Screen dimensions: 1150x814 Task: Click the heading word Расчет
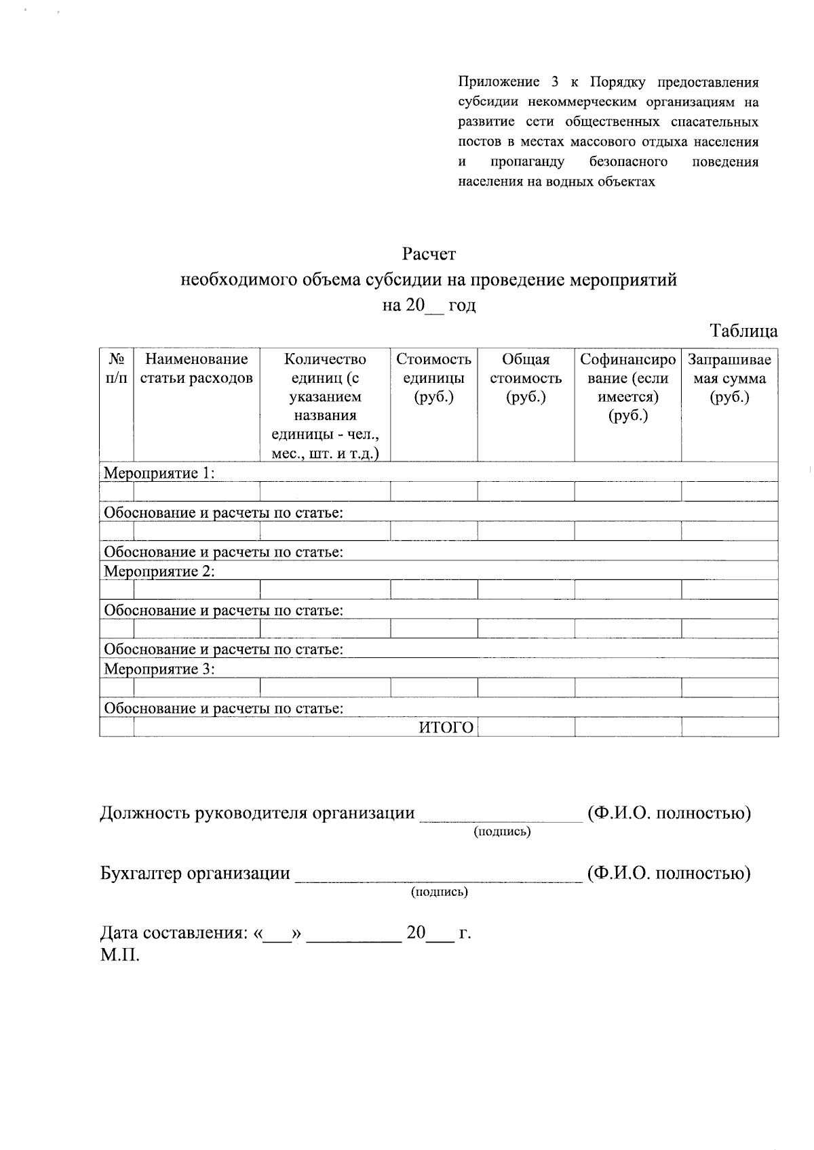click(429, 254)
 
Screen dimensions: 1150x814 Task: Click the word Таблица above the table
click(743, 331)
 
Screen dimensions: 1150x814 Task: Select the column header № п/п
click(116, 368)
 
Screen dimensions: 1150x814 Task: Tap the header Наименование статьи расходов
click(197, 368)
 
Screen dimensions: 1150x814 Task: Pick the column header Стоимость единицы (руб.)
click(433, 377)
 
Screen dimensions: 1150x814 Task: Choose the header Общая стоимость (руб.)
click(526, 377)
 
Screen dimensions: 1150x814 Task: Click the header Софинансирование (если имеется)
click(627, 387)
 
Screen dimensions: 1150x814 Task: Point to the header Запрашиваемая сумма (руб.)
click(729, 377)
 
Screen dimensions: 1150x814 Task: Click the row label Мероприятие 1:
click(159, 473)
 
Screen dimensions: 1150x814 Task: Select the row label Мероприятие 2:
click(159, 571)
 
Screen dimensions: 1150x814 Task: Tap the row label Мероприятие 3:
click(159, 670)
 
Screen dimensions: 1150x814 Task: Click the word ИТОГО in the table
click(445, 728)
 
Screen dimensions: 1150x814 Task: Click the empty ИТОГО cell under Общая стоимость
click(526, 728)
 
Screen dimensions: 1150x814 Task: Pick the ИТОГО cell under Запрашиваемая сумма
click(729, 728)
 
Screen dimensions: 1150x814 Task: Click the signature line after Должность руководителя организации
click(501, 815)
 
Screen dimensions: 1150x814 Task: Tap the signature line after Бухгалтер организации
click(438, 876)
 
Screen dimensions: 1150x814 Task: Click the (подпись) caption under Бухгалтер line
click(440, 892)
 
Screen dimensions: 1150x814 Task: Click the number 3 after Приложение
click(555, 83)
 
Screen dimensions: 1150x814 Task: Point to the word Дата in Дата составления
click(120, 933)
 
